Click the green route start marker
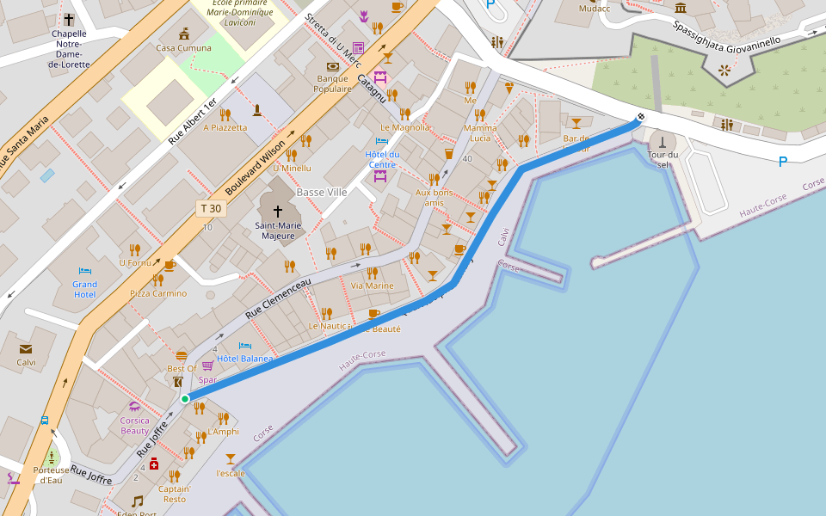(185, 399)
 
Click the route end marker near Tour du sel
(640, 117)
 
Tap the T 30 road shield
(211, 208)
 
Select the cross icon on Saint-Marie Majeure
(277, 211)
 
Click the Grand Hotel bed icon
(84, 271)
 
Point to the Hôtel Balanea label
(244, 358)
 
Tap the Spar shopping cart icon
(207, 365)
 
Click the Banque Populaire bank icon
(333, 66)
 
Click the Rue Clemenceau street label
(278, 298)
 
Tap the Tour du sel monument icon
(663, 141)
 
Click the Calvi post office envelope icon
(26, 348)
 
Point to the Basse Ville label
(321, 193)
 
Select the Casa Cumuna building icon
(184, 34)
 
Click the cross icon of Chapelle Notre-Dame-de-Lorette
(68, 19)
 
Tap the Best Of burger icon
(182, 355)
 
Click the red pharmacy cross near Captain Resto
(154, 464)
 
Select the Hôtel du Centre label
(382, 159)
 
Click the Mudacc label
(594, 9)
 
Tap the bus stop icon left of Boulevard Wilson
(44, 421)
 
